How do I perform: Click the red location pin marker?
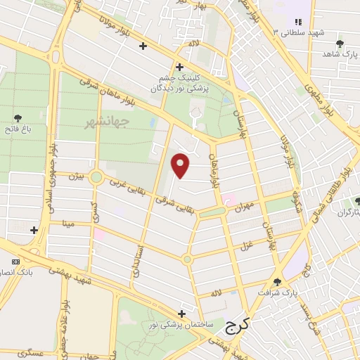[x=181, y=165]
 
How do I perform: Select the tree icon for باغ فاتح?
[x=18, y=117]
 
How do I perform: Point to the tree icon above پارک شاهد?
[x=340, y=44]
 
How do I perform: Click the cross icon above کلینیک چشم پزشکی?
[x=180, y=67]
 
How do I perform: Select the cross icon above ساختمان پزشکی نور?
[x=182, y=314]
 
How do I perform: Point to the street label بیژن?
[x=76, y=176]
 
